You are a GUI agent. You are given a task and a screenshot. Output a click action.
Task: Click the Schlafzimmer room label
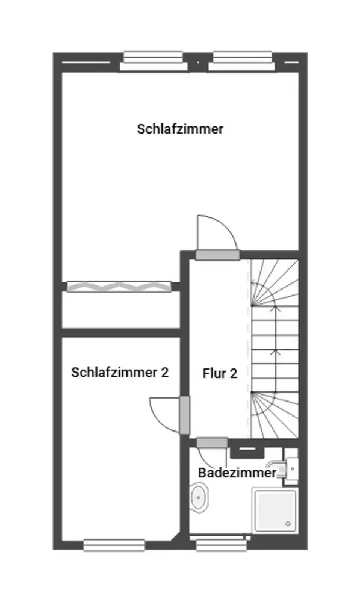pyautogui.click(x=180, y=129)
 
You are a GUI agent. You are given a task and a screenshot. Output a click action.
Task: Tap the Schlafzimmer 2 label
pyautogui.click(x=120, y=373)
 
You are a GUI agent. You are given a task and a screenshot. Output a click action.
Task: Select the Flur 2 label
pyautogui.click(x=220, y=374)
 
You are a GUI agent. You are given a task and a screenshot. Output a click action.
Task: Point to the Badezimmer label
pyautogui.click(x=237, y=473)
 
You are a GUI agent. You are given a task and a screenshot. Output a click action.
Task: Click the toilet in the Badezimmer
pyautogui.click(x=199, y=497)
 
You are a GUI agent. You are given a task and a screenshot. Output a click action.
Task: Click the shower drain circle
pyautogui.click(x=288, y=524)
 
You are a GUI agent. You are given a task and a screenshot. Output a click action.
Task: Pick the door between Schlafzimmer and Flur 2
pyautogui.click(x=217, y=255)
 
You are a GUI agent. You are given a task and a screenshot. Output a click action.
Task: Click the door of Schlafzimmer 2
pyautogui.click(x=185, y=415)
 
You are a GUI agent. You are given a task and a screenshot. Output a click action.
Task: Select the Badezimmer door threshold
pyautogui.click(x=212, y=443)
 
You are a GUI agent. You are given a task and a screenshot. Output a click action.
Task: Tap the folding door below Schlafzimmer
pyautogui.click(x=119, y=287)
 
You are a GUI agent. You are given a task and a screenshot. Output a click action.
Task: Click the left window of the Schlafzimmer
pyautogui.click(x=154, y=61)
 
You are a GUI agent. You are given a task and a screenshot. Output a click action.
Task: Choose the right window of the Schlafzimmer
pyautogui.click(x=242, y=61)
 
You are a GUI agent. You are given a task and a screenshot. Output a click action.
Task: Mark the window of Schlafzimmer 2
pyautogui.click(x=114, y=545)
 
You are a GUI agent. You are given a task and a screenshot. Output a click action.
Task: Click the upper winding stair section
pyautogui.click(x=275, y=282)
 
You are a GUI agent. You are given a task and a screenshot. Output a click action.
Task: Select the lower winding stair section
pyautogui.click(x=275, y=415)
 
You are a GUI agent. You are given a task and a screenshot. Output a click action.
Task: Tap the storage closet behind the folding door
pyautogui.click(x=121, y=310)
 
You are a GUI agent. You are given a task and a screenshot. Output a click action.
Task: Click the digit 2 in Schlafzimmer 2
pyautogui.click(x=164, y=373)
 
